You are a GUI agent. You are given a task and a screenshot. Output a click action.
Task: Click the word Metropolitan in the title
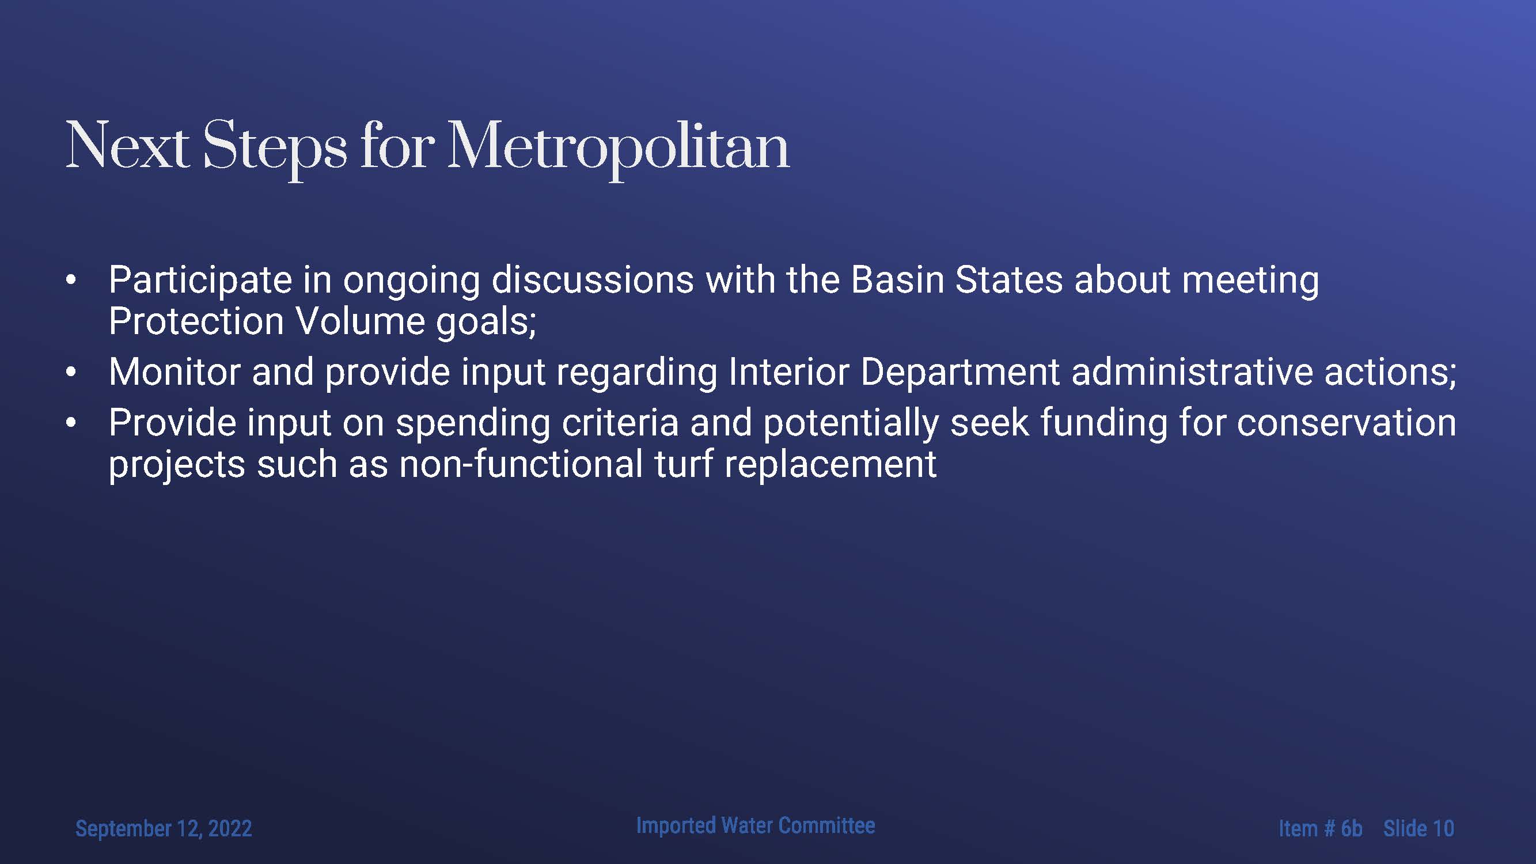tap(619, 146)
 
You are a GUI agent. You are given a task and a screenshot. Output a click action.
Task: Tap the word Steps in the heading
tap(275, 146)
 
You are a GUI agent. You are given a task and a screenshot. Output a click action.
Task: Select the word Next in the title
tap(128, 146)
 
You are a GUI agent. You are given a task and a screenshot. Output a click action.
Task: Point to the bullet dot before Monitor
tap(71, 372)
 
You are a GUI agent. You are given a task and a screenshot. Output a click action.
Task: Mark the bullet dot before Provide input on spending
tap(71, 422)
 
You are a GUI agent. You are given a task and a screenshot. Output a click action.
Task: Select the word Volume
tap(360, 321)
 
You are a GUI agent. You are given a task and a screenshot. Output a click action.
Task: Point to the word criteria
tap(620, 422)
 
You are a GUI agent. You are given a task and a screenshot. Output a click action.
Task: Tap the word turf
tap(684, 464)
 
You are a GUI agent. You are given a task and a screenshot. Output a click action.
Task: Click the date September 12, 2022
tap(164, 829)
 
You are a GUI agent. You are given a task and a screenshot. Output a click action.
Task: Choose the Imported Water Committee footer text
tap(756, 825)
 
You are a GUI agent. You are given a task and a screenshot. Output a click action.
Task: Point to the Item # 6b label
tap(1320, 828)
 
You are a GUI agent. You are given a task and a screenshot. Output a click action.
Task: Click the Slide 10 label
tap(1419, 828)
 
